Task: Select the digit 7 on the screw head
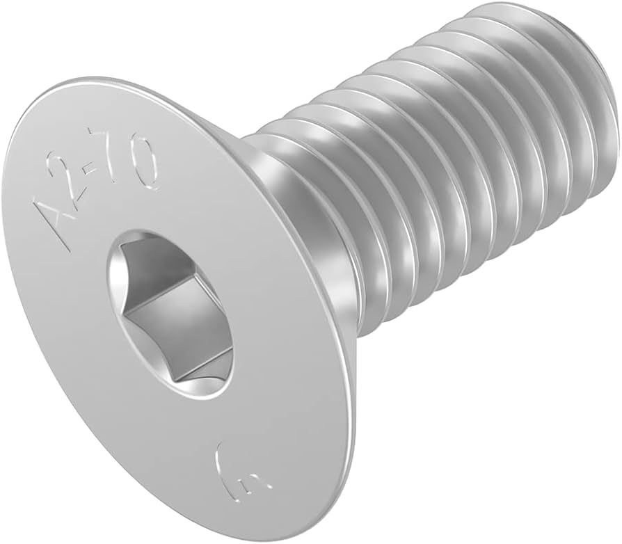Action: coord(125,167)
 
